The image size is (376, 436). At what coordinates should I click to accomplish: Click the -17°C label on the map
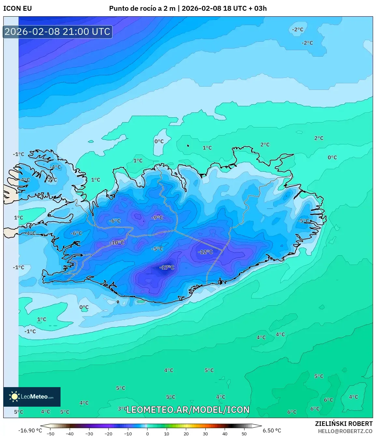(x=167, y=268)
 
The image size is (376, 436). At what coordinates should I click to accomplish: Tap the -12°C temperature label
(x=205, y=252)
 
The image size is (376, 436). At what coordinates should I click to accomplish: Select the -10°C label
(x=117, y=243)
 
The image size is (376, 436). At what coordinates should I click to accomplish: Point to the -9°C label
(x=158, y=218)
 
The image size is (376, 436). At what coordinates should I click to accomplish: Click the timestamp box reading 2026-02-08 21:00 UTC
(x=58, y=32)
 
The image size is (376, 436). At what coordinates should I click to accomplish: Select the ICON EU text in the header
(x=18, y=8)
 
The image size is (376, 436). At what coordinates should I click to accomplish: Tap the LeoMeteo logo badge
(x=32, y=397)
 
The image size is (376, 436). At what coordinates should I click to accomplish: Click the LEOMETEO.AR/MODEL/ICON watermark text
(x=188, y=410)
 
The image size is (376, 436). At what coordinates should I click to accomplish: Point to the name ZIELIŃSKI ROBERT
(x=344, y=424)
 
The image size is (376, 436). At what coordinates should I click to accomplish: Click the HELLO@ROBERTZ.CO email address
(x=345, y=431)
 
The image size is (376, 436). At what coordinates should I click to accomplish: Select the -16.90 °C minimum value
(x=30, y=430)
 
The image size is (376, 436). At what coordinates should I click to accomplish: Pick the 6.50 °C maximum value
(x=272, y=430)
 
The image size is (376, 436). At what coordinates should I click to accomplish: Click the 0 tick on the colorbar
(x=147, y=434)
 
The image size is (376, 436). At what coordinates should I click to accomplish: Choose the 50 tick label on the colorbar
(x=244, y=434)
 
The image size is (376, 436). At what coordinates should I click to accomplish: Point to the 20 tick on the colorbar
(x=186, y=434)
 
